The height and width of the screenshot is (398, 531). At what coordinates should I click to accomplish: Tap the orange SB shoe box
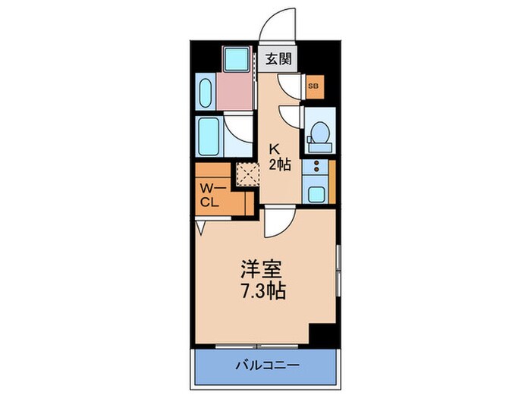click(313, 87)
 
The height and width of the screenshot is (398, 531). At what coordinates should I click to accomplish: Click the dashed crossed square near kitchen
click(247, 174)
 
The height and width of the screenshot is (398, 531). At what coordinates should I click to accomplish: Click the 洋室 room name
click(264, 269)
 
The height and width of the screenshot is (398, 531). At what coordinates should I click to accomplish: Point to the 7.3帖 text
click(264, 290)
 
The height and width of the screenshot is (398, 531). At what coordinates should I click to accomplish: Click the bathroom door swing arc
click(237, 127)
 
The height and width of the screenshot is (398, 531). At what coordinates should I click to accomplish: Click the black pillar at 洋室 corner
click(325, 332)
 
